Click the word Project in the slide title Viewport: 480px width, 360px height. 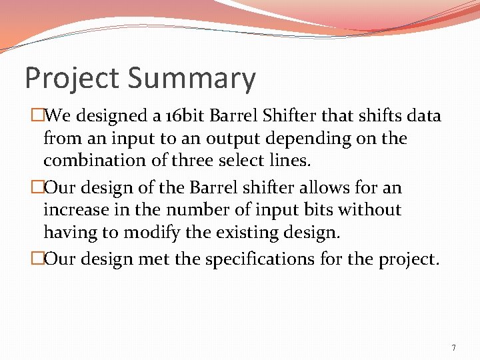click(73, 79)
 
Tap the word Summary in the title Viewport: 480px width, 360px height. click(191, 79)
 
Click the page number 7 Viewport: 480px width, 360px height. click(453, 347)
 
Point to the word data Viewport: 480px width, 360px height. click(423, 116)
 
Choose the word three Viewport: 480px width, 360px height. click(200, 161)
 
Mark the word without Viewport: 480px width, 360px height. click(369, 210)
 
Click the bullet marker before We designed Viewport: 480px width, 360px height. click(37, 116)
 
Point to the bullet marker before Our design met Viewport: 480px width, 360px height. click(37, 259)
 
